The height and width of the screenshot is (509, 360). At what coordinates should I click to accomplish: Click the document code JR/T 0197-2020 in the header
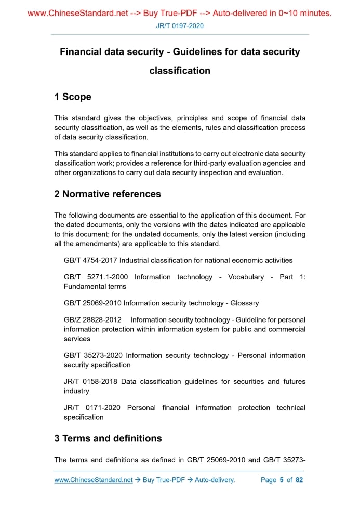point(180,26)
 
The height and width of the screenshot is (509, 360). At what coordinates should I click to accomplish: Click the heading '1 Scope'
point(73,97)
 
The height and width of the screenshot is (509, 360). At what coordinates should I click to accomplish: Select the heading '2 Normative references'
point(108,194)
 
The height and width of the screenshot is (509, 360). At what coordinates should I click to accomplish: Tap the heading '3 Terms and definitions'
point(108,439)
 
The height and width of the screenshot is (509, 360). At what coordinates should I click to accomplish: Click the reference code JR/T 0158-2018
point(90,381)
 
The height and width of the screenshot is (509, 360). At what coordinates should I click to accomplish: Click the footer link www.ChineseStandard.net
point(94,480)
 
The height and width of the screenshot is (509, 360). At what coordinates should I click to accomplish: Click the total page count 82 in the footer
point(299,480)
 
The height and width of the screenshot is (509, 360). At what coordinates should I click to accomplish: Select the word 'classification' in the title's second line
point(180,71)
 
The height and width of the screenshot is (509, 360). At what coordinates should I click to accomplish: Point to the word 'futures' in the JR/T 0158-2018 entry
point(294,381)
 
